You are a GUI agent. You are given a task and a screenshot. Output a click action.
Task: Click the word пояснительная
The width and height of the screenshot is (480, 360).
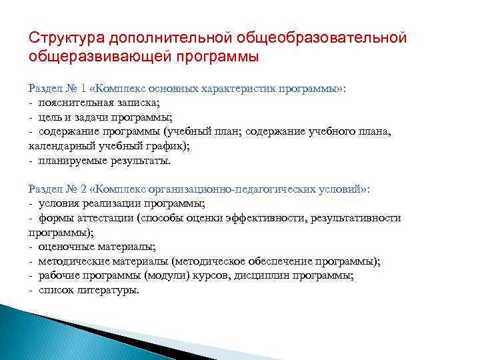(75, 103)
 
